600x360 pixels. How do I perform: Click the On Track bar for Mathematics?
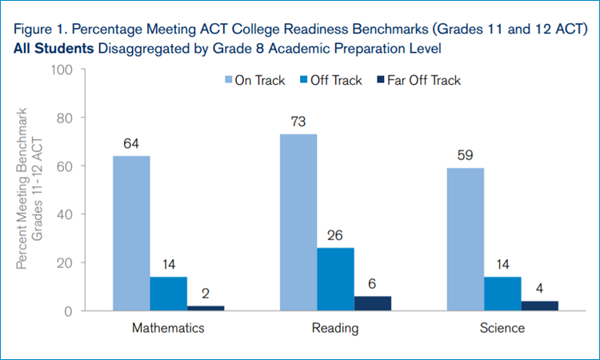[131, 233]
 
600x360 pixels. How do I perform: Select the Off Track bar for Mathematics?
[168, 294]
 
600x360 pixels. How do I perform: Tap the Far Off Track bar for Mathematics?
[206, 308]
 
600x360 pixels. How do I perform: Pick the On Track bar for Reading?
[298, 222]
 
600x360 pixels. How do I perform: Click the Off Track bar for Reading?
[335, 279]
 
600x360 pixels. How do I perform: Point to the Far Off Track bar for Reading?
[373, 303]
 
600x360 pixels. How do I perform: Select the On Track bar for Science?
[465, 239]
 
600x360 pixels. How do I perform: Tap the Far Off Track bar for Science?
[540, 306]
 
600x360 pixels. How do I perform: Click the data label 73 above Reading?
[298, 122]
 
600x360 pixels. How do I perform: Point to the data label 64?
[131, 144]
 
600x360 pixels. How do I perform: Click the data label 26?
[335, 236]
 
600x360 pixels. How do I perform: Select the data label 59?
[465, 156]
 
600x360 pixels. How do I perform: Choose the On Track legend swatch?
[228, 80]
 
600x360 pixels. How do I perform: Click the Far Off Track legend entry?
[424, 80]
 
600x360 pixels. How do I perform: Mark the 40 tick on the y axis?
[66, 214]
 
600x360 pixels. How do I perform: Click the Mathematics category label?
[168, 328]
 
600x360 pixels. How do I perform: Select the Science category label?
[502, 328]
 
